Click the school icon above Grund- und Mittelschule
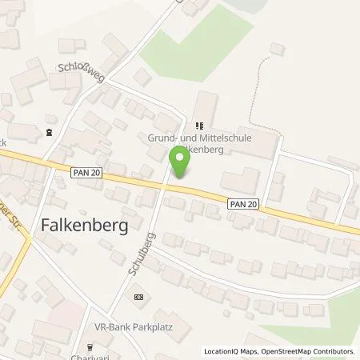click(x=199, y=126)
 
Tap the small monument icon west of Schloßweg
click(x=51, y=133)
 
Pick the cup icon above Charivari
click(x=89, y=346)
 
